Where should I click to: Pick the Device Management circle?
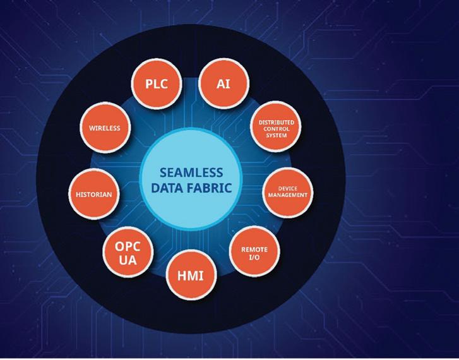coord(287,191)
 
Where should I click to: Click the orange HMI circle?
coord(190,275)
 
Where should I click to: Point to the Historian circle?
coord(93,194)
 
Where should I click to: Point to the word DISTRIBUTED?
coord(273,122)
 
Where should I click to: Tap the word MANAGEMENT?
coord(287,195)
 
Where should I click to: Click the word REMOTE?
coord(254,249)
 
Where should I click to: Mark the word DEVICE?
coord(287,188)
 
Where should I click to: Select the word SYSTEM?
coord(273,135)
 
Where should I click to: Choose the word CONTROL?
coord(273,128)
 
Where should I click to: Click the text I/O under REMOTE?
coord(254,257)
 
